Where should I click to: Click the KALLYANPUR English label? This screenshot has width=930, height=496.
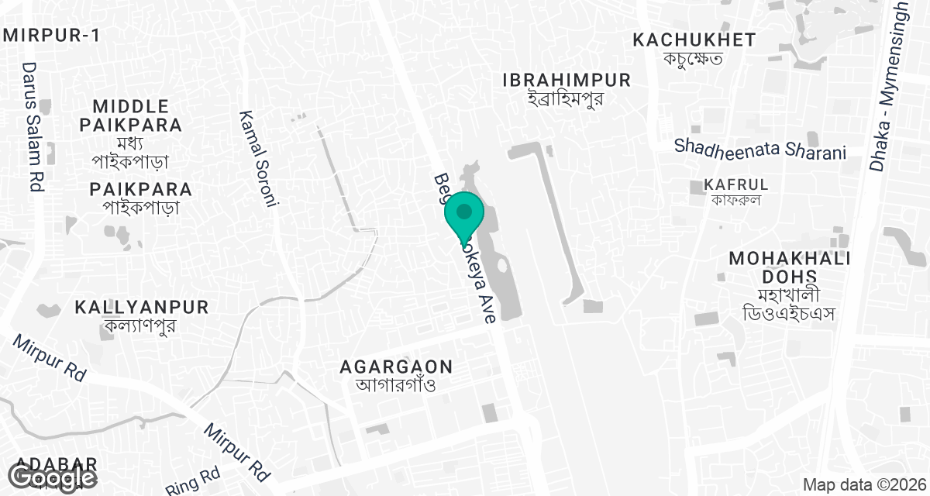point(142,307)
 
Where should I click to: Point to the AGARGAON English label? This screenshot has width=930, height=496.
point(398,366)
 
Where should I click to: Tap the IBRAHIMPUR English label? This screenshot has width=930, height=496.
point(567,80)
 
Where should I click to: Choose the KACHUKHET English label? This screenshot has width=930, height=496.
point(694,40)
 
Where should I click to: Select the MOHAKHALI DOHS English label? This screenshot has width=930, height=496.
point(790,267)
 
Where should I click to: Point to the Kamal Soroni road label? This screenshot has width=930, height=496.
point(259,158)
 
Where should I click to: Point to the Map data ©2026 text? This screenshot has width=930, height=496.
point(863,485)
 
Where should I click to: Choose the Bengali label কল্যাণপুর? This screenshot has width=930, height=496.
point(142,325)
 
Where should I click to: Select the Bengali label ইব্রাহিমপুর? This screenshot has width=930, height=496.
point(567,98)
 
